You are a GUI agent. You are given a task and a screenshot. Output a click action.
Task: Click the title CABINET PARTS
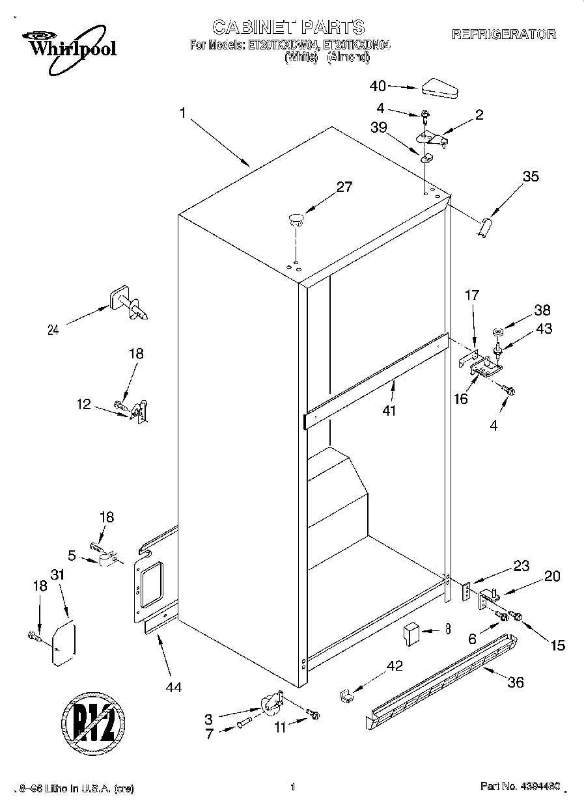[x=288, y=27]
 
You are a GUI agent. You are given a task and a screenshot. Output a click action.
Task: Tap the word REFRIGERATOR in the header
[x=503, y=34]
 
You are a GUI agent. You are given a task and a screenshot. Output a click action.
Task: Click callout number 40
[x=378, y=85]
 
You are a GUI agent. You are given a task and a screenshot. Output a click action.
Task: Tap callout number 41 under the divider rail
[x=390, y=410]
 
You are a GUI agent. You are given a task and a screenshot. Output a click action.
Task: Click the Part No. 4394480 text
[x=520, y=787]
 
